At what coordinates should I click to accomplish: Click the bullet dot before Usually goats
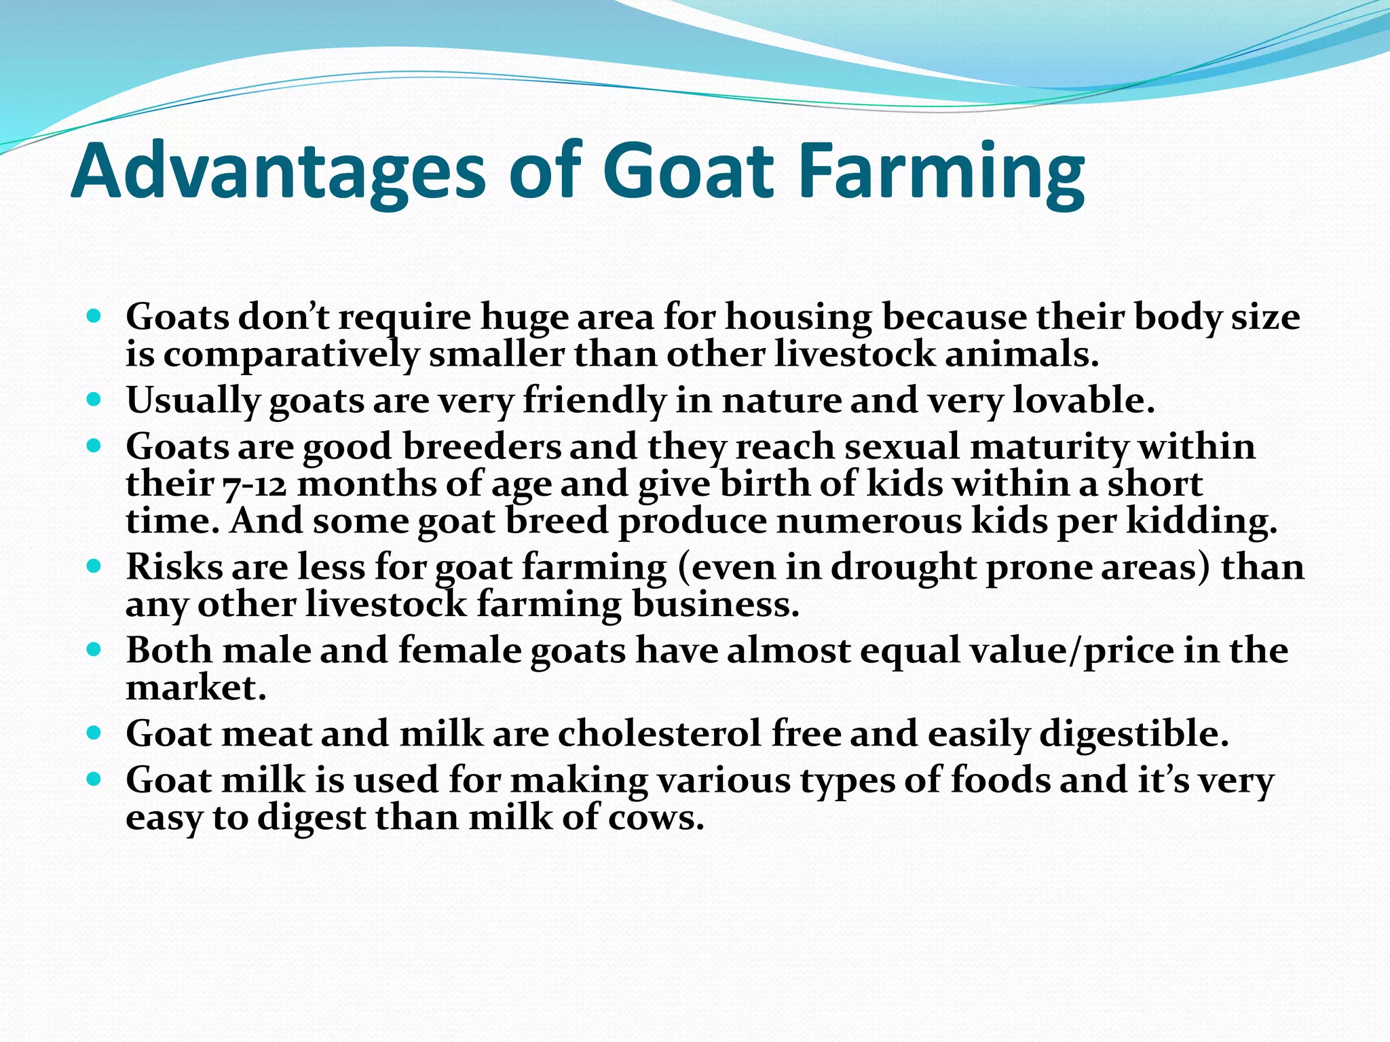point(94,399)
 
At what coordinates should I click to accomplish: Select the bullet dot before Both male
point(94,649)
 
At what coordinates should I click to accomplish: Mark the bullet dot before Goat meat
point(94,733)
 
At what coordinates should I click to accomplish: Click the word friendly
point(595,400)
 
